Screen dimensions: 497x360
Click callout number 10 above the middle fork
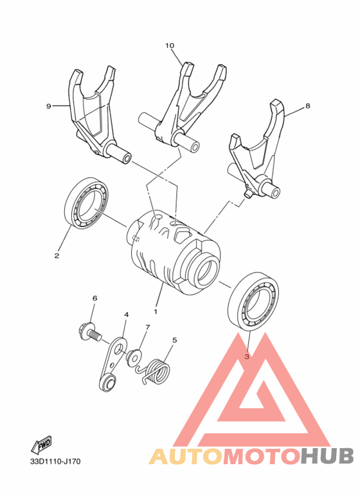click(x=170, y=46)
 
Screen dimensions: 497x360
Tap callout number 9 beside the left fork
click(x=48, y=106)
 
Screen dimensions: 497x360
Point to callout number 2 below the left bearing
click(x=57, y=255)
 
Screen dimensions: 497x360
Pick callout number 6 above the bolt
click(x=94, y=298)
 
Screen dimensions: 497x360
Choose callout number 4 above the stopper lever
click(x=126, y=314)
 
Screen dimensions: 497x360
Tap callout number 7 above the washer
click(x=147, y=327)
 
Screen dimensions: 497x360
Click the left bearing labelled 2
click(x=87, y=204)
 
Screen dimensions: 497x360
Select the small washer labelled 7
click(x=136, y=356)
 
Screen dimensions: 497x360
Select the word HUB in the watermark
click(x=327, y=456)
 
